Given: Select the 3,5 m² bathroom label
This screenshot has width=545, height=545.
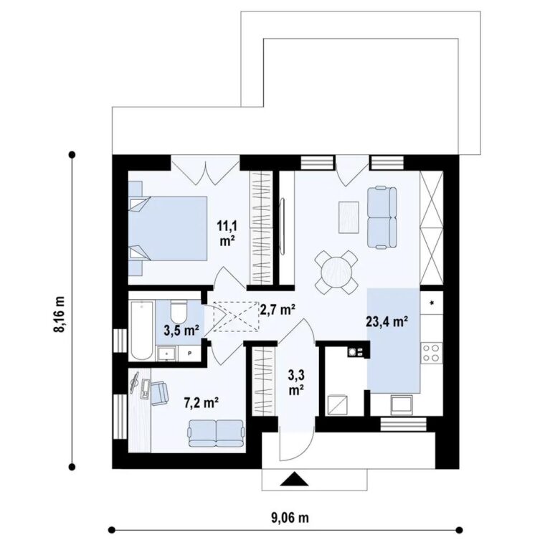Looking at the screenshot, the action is [x=181, y=330].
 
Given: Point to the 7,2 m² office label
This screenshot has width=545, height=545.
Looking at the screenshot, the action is [x=201, y=403].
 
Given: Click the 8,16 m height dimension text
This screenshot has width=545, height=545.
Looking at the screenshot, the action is [x=60, y=314].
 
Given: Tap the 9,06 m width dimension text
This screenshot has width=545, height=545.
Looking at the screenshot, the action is [x=290, y=518].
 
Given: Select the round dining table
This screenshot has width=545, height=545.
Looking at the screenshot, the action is [x=336, y=272].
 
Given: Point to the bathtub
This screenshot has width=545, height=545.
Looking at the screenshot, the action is [x=142, y=331].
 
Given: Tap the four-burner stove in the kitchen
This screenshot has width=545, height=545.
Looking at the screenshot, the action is [x=432, y=352].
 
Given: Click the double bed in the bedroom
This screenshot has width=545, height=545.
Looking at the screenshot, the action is [x=168, y=228].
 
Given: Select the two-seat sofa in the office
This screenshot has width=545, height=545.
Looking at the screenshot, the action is [x=216, y=433].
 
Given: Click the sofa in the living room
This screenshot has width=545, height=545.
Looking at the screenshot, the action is [x=382, y=217].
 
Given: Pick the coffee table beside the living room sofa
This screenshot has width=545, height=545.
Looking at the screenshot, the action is [x=349, y=217].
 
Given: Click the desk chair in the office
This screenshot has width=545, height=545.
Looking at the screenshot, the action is [x=159, y=393].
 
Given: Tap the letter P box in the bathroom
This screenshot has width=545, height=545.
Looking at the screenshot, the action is [x=190, y=354].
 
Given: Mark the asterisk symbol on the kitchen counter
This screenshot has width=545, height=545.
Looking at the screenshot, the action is [x=432, y=303].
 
